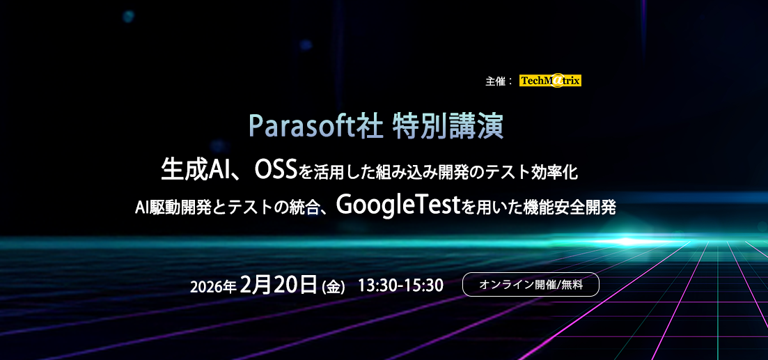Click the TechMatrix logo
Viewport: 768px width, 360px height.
click(x=550, y=81)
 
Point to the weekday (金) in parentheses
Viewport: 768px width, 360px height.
click(x=334, y=286)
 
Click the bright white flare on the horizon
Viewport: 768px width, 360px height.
click(x=631, y=241)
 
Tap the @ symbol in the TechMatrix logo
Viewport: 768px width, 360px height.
click(x=557, y=81)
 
